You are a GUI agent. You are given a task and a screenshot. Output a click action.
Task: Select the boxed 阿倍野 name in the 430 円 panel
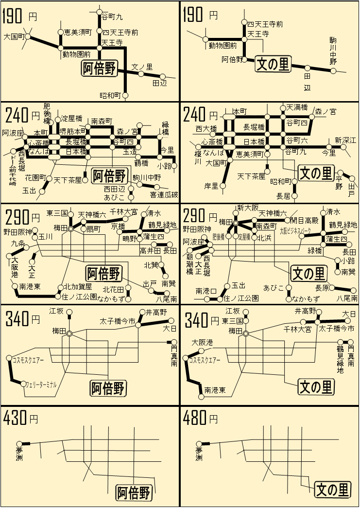point(134,492)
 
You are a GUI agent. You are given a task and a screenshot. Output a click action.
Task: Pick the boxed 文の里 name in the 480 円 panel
point(333,490)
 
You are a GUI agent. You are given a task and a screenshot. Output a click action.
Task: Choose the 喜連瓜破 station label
point(164,194)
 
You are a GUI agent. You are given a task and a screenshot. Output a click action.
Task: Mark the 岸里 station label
point(211,186)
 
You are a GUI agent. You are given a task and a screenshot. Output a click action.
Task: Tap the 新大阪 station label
point(248,208)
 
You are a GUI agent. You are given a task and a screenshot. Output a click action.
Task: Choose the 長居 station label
point(283,196)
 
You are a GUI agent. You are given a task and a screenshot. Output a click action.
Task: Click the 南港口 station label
point(206,291)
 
